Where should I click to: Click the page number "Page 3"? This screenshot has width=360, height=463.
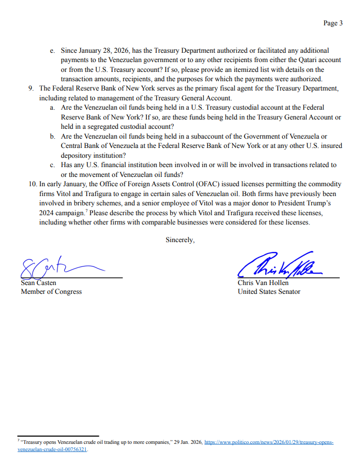pyautogui.click(x=333, y=23)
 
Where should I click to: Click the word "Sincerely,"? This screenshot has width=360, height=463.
pyautogui.click(x=180, y=240)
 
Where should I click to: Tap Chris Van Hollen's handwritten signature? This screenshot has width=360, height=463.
pyautogui.click(x=280, y=266)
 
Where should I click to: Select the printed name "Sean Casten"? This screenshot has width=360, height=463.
pyautogui.click(x=38, y=283)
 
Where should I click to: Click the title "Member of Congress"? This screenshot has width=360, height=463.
pyautogui.click(x=51, y=291)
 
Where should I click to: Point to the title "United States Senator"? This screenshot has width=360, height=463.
pyautogui.click(x=269, y=291)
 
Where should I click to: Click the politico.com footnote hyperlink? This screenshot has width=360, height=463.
pyautogui.click(x=268, y=443)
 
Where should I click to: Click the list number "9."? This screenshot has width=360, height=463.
pyautogui.click(x=32, y=88)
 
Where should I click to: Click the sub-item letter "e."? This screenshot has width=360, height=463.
pyautogui.click(x=52, y=51)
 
